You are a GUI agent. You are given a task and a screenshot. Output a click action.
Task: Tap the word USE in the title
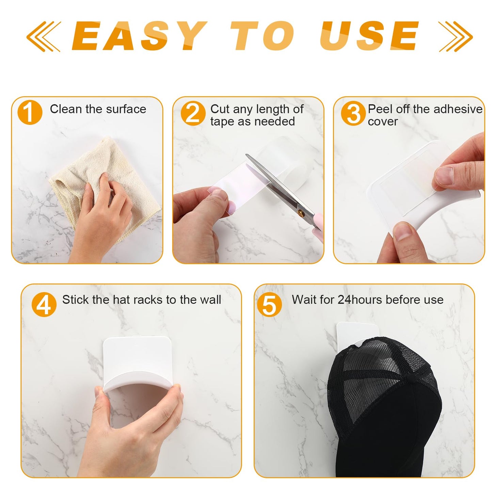coord(369,36)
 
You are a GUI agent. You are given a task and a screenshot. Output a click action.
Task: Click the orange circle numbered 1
coord(30,112)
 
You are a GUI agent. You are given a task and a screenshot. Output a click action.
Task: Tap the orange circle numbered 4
coord(44,304)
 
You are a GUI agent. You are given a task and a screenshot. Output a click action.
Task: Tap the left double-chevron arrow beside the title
coord(44,36)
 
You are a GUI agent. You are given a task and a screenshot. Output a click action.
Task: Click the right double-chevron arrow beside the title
coord(455,36)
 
